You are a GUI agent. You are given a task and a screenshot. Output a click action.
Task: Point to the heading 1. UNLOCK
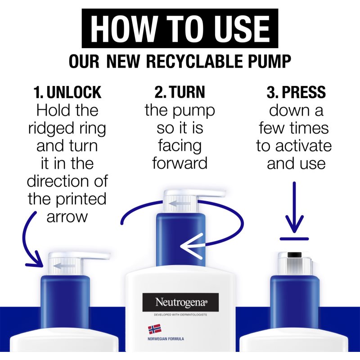pyautogui.click(x=67, y=92)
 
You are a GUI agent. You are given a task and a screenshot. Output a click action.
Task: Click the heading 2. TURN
pyautogui.click(x=180, y=92)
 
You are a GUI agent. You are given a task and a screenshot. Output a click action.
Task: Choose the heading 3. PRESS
pyautogui.click(x=296, y=92)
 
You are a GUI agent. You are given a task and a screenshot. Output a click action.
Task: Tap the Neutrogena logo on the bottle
pyautogui.click(x=180, y=302)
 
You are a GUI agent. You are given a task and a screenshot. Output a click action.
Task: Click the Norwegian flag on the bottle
pyautogui.click(x=154, y=329)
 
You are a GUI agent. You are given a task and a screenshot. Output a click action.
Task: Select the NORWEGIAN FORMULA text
pyautogui.click(x=166, y=339)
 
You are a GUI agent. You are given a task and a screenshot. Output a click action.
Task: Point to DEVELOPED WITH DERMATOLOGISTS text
pyautogui.click(x=180, y=315)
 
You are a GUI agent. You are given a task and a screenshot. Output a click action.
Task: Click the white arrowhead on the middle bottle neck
pyautogui.click(x=192, y=246)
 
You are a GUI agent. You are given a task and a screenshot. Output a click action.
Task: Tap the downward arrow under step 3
pyautogui.click(x=294, y=207)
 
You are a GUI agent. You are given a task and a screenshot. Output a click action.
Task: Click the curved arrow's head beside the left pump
pyautogui.click(x=36, y=261)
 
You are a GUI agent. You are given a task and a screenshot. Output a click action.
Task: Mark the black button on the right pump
pyautogui.click(x=294, y=255)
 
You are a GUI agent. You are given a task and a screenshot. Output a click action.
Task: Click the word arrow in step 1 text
pyautogui.click(x=67, y=216)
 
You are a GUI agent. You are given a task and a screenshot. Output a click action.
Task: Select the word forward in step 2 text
pyautogui.click(x=180, y=163)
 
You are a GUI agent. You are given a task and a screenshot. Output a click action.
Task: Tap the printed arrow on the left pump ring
pyautogui.click(x=64, y=266)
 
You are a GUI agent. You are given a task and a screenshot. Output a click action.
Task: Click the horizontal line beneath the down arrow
pyautogui.click(x=294, y=239)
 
